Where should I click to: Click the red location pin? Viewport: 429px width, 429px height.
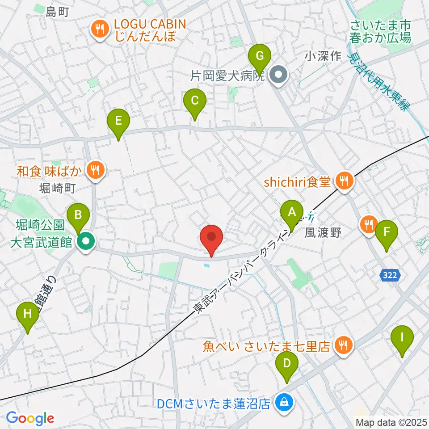click(x=212, y=237)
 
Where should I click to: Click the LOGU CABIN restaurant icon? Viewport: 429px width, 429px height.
click(x=99, y=29)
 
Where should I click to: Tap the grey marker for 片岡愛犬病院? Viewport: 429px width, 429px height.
click(x=279, y=75)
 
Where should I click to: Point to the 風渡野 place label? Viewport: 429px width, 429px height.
click(x=323, y=232)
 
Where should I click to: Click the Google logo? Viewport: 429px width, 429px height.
click(x=30, y=418)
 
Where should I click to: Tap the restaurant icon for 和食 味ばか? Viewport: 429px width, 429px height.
click(x=95, y=169)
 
